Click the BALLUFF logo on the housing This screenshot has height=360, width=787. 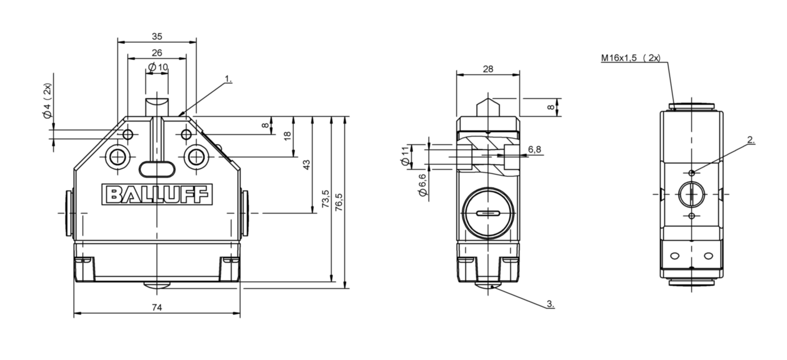click(x=157, y=194)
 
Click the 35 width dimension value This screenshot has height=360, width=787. click(x=157, y=36)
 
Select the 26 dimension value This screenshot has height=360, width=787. click(x=157, y=52)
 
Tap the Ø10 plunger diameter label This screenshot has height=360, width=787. click(x=158, y=67)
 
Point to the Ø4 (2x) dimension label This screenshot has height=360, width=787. click(x=47, y=101)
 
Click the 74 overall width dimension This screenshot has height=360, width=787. click(x=157, y=308)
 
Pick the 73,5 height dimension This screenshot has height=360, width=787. click(x=326, y=200)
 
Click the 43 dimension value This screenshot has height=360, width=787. click(x=306, y=165)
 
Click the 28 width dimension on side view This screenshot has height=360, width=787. click(x=488, y=68)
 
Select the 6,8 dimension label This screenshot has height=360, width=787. click(x=534, y=149)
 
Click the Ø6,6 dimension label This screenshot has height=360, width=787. click(x=422, y=186)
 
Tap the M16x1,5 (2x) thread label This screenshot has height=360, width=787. click(x=630, y=58)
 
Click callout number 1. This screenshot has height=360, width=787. click(x=228, y=79)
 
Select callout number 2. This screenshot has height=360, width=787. click(x=751, y=139)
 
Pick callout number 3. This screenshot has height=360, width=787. click(x=550, y=304)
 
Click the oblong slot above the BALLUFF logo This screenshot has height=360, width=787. click(x=156, y=168)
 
